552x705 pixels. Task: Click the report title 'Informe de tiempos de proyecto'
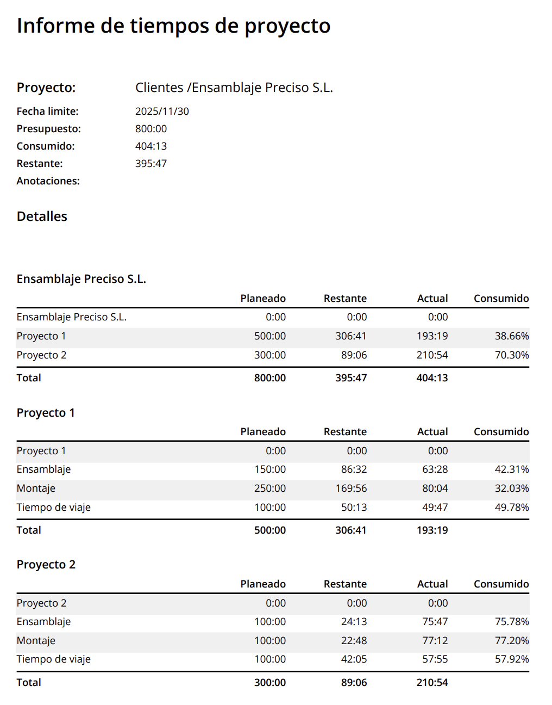(x=173, y=26)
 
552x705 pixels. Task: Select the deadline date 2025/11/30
(x=162, y=112)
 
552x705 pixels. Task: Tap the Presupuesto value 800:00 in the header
(x=151, y=129)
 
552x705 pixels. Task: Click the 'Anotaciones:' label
(x=48, y=181)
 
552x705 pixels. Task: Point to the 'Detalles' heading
(x=42, y=217)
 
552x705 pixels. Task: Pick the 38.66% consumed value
(x=511, y=336)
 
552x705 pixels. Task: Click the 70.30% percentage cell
(x=511, y=355)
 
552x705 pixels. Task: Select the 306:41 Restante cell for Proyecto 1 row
(x=350, y=336)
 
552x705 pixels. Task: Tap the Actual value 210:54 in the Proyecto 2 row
(x=432, y=355)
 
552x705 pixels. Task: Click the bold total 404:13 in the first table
(x=432, y=378)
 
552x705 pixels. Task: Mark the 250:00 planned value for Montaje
(x=269, y=488)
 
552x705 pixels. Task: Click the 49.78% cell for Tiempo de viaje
(x=511, y=508)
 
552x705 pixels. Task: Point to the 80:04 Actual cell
(x=435, y=488)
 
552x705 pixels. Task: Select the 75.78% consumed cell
(x=511, y=622)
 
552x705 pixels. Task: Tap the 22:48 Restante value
(x=354, y=641)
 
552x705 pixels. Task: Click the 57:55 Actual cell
(x=435, y=659)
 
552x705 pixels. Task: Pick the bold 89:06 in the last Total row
(x=354, y=683)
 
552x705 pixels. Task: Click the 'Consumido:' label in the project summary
(x=46, y=146)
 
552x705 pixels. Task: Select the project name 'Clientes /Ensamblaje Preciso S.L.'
(x=234, y=88)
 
